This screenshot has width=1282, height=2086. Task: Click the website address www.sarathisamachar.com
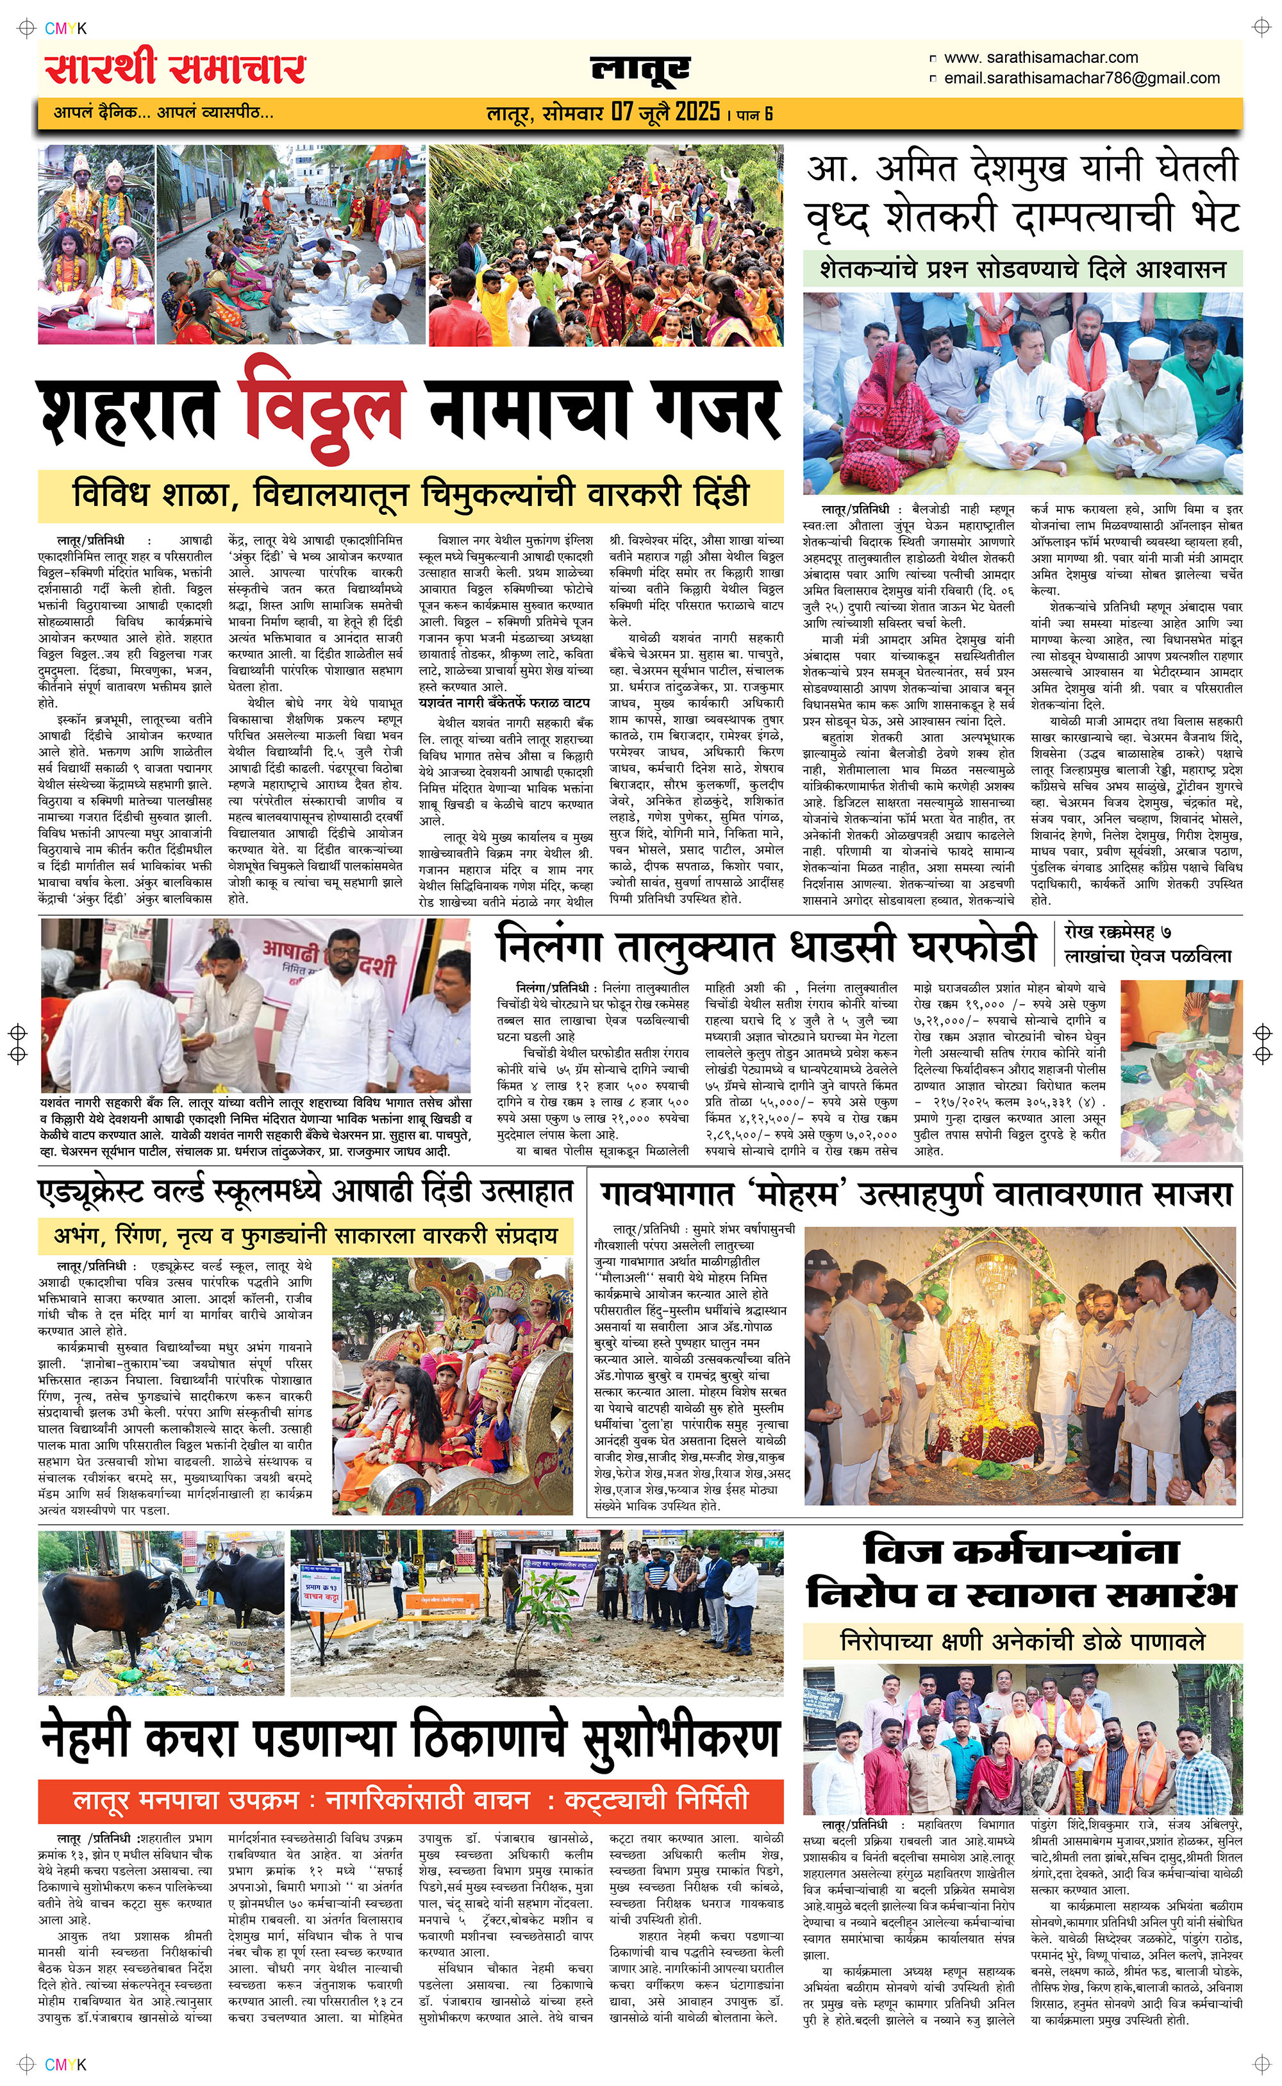pos(1040,58)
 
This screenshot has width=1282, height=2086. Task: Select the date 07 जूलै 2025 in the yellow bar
pos(665,112)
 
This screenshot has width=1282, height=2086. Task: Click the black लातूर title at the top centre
pos(640,69)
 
